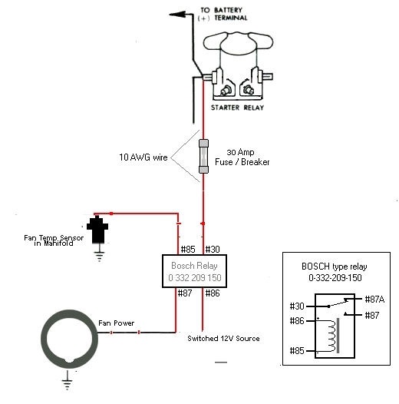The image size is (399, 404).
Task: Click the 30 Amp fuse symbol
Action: click(x=203, y=156)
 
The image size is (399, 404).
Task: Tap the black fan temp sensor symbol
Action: click(x=97, y=230)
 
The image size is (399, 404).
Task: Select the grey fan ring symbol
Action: click(x=69, y=339)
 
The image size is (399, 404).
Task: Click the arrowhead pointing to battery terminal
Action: click(x=177, y=15)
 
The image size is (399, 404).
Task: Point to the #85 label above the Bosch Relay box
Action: click(x=188, y=249)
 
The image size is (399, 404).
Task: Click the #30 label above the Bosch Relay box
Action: click(x=213, y=249)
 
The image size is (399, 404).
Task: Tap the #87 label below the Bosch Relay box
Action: click(x=185, y=293)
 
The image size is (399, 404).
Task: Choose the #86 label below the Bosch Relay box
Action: click(x=213, y=293)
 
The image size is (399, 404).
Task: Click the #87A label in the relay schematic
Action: click(x=374, y=300)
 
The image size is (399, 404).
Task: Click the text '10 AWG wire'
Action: click(x=143, y=157)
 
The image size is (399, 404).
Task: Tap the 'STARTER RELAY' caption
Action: click(x=237, y=108)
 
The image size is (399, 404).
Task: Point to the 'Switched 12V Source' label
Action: click(x=223, y=338)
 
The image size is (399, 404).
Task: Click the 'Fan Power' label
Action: click(x=117, y=323)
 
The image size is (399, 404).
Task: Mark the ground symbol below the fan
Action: click(x=68, y=380)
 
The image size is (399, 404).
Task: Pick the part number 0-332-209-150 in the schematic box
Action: click(x=335, y=278)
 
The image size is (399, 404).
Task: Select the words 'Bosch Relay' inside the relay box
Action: click(x=194, y=266)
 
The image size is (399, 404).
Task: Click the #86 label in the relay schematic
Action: click(x=297, y=321)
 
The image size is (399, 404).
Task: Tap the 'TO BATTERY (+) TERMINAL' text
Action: click(x=223, y=14)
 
